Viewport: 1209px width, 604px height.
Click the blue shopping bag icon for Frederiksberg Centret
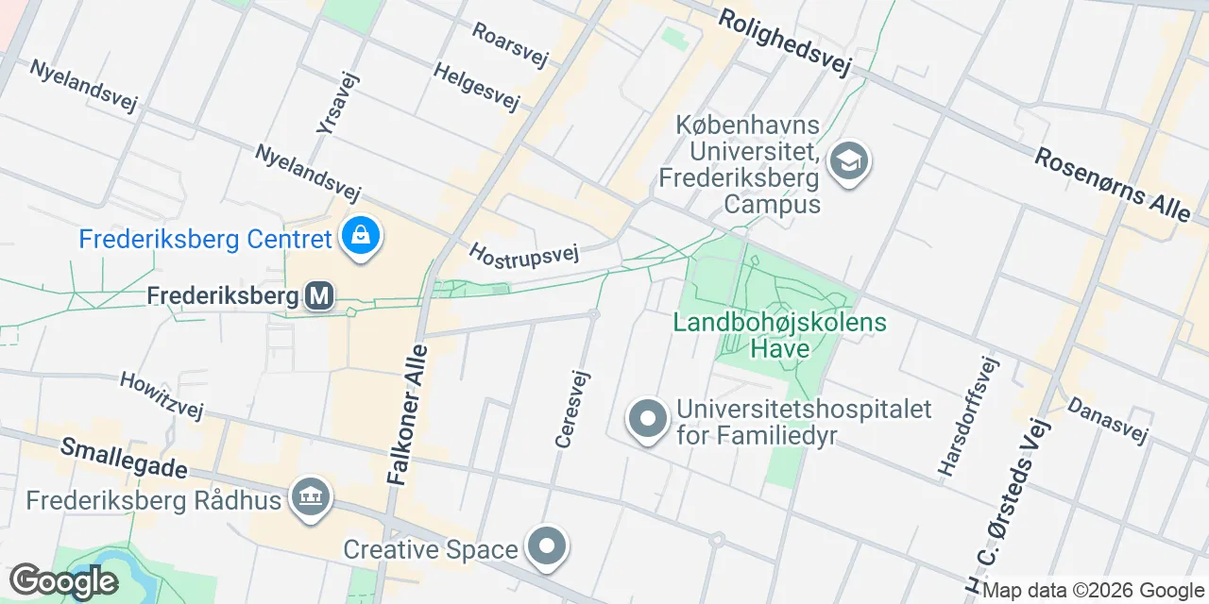360,237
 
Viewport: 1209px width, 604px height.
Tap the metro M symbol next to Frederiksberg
319,296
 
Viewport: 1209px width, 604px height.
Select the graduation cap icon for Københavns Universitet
848,161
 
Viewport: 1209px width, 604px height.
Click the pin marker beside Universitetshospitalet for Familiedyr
647,420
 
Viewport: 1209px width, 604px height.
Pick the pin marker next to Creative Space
547,547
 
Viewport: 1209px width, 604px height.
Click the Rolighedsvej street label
785,42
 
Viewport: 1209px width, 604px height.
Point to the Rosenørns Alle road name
1112,184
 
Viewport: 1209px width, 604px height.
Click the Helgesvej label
476,86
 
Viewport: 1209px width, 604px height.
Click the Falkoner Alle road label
408,415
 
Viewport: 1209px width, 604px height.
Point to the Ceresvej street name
572,408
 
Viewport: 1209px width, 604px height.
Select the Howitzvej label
162,394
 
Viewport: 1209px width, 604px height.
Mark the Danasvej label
1107,420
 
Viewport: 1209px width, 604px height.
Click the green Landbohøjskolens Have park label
779,335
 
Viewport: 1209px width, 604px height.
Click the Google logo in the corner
63,581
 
